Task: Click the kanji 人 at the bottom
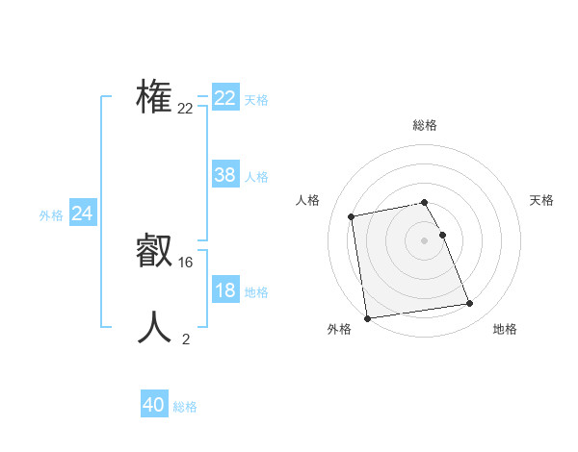pos(155,327)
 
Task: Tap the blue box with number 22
pos(224,98)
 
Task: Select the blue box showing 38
pos(224,175)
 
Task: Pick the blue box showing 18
pos(224,290)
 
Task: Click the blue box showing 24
pos(82,213)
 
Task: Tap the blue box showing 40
pos(154,405)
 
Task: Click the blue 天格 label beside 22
pos(255,100)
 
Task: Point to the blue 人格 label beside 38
pos(255,177)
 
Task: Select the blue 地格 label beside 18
pos(255,292)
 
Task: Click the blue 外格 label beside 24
pos(51,215)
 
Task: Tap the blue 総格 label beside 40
pos(185,407)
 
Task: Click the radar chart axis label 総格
pos(425,125)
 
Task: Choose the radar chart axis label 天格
pos(541,200)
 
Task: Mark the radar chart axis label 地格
pos(505,329)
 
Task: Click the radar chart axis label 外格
pos(339,329)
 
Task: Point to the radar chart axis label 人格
pos(307,200)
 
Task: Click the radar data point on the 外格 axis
pos(367,317)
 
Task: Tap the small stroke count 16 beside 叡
pos(186,262)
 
